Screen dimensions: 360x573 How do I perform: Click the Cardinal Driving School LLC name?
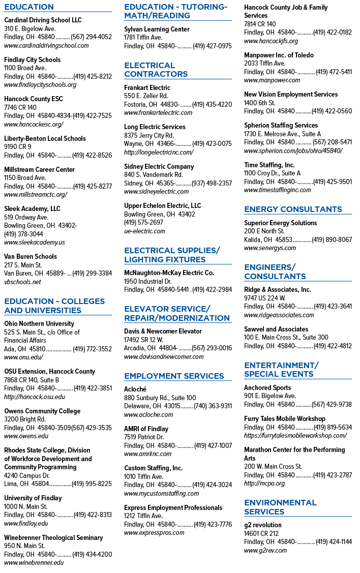pos(43,20)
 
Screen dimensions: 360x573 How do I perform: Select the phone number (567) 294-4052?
pos(92,37)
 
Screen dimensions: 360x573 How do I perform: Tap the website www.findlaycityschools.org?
pos(40,85)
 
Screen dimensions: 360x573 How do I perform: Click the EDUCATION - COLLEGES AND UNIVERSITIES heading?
pos(54,306)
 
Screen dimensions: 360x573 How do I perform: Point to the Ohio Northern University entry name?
pos(39,324)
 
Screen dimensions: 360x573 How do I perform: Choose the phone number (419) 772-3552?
pos(93,349)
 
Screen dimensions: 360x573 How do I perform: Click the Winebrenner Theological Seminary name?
pos(53,537)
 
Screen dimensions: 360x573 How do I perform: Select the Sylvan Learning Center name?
pos(157,29)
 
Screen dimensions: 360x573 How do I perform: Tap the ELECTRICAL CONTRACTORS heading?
pos(156,70)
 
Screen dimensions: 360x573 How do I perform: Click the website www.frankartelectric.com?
pos(158,113)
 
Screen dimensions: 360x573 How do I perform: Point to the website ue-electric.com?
pos(144,231)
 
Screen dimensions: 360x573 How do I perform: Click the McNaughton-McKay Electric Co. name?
pos(169,273)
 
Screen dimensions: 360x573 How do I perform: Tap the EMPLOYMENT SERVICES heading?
pos(174,376)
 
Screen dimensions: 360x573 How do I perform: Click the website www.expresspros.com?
pos(154,533)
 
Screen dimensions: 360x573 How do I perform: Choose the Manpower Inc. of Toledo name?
pos(279,55)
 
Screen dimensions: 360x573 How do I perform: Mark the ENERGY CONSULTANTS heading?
pos(293,209)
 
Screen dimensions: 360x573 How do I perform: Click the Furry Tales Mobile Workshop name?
pos(285,419)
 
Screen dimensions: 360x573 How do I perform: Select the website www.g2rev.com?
pos(265,551)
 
